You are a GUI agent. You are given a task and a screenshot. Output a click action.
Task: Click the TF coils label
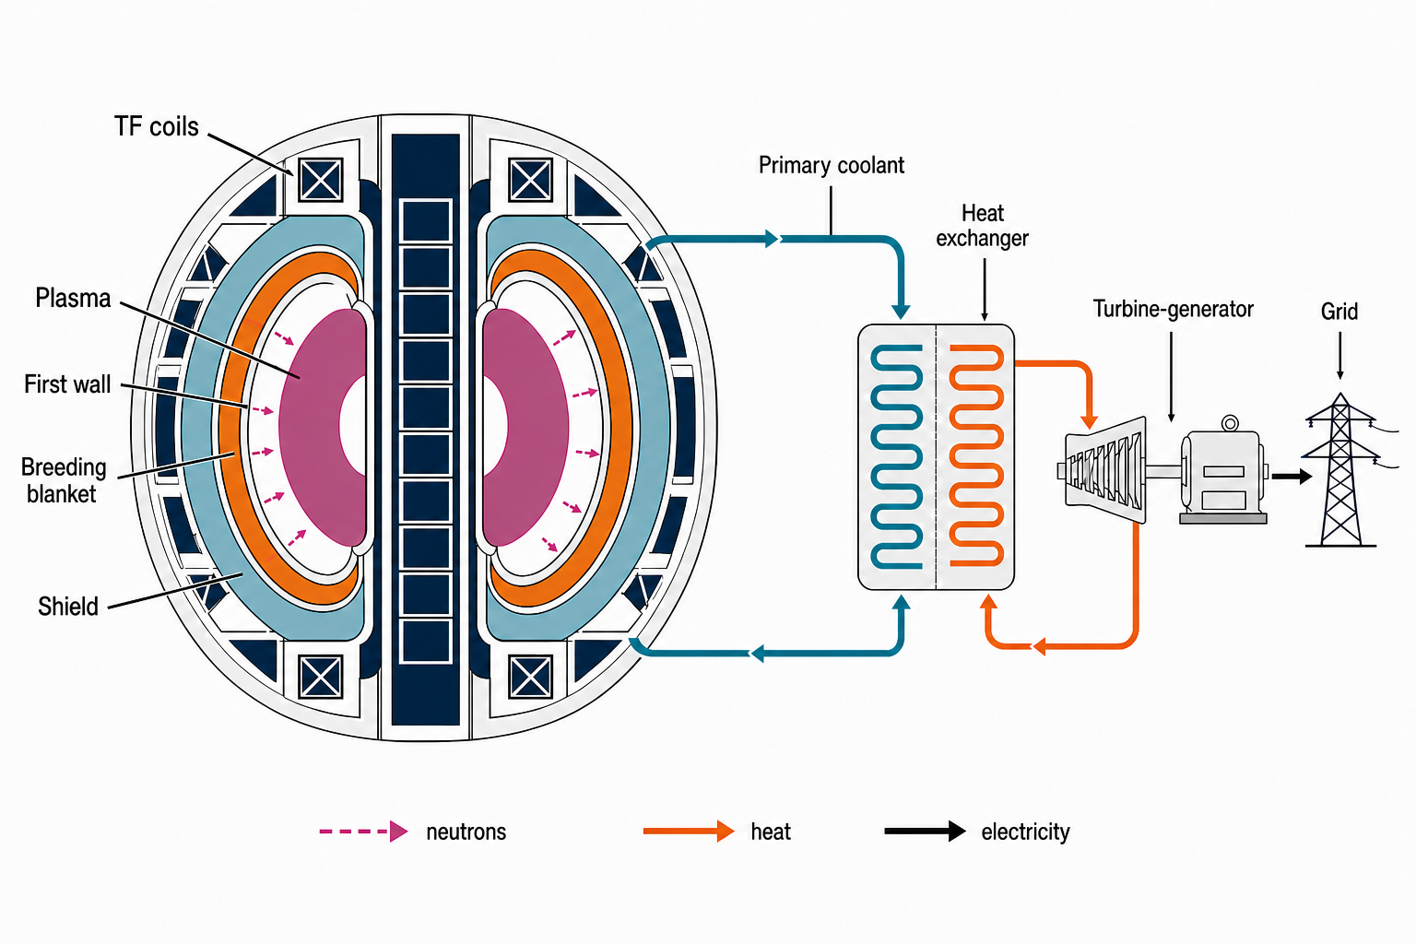pos(156,126)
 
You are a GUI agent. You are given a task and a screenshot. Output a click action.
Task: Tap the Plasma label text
pos(73,298)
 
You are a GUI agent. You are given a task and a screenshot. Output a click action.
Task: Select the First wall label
pos(67,383)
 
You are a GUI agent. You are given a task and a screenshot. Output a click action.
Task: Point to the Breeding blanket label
pos(64,480)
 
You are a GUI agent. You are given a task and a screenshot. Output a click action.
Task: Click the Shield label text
pos(67,607)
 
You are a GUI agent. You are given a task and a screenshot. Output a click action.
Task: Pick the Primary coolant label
pos(832,165)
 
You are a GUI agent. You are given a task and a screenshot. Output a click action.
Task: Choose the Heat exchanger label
pos(983,226)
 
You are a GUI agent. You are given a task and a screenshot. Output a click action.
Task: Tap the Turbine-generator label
pos(1174,309)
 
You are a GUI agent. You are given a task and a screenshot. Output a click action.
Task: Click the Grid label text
pos(1339,311)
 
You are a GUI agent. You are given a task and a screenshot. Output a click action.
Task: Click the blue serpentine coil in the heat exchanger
pos(896,456)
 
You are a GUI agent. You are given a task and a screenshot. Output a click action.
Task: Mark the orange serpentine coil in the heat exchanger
pos(976,455)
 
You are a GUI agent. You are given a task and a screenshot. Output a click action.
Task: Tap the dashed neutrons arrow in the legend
pos(363,832)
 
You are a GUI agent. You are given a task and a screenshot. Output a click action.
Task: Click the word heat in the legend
pos(771,832)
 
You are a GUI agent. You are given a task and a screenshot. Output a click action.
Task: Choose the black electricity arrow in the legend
pos(926,832)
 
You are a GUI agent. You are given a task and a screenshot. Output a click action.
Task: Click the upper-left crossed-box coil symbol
pos(321,180)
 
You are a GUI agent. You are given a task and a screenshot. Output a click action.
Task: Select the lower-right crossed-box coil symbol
pos(530,677)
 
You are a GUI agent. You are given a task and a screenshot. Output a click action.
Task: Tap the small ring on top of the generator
pos(1230,423)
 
